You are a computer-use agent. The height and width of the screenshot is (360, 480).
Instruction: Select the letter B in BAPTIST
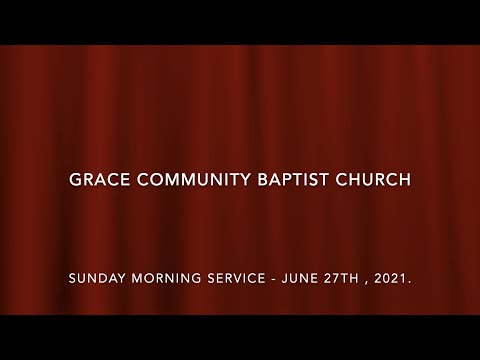click(x=268, y=181)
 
